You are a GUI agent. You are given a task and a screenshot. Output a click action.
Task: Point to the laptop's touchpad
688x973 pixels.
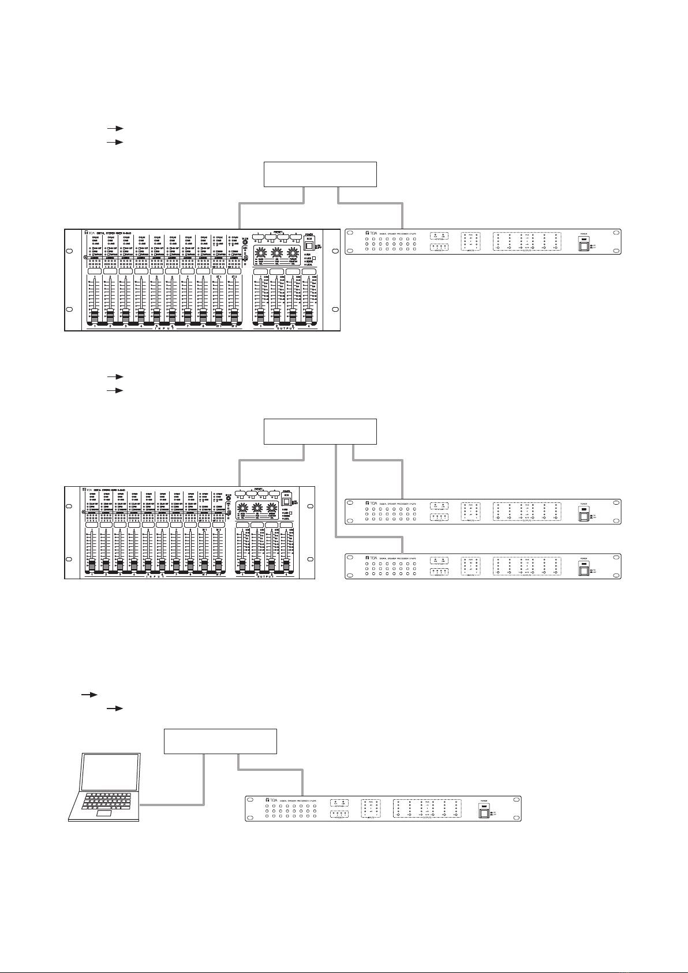click(104, 813)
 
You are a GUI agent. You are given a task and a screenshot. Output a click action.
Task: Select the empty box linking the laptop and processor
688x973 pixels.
click(220, 741)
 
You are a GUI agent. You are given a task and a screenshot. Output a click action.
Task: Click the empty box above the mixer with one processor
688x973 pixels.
click(320, 174)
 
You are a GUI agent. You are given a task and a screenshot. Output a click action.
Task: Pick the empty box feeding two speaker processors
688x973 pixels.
click(320, 431)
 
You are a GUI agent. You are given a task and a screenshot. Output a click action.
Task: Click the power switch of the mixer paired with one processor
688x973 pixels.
click(309, 245)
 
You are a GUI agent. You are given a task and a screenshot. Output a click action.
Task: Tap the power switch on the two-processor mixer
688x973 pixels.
click(285, 502)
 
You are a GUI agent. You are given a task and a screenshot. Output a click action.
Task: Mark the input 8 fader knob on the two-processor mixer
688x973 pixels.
click(190, 562)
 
